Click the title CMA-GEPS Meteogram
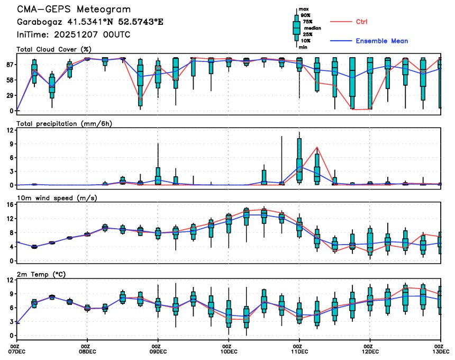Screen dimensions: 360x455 73,10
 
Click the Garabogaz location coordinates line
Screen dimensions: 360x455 90,22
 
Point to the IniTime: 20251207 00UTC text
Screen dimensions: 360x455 73,35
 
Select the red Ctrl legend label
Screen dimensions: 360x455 362,22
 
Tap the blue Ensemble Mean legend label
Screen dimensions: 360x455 381,41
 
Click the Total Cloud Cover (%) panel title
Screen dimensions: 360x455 54,50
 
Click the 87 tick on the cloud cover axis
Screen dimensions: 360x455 10,65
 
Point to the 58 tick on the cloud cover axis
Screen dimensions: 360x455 10,80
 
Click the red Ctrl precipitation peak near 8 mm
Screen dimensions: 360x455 316,147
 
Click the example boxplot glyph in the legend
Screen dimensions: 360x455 296,26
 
